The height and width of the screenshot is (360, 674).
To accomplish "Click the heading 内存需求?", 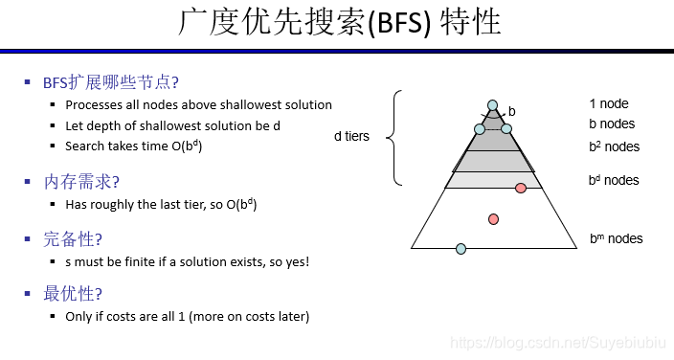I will point(81,181).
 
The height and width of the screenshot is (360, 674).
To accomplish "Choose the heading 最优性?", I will point(73,293).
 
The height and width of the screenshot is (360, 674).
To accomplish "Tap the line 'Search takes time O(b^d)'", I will point(134,146).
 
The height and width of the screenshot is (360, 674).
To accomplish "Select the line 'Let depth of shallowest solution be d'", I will point(172,125).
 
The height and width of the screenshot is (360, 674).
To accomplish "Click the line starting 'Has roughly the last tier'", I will point(161,204).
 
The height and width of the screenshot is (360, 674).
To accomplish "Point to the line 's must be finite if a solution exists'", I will point(188,260).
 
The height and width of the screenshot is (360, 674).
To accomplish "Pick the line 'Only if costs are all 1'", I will point(188,316).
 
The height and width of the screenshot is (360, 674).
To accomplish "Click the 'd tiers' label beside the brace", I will point(351,137).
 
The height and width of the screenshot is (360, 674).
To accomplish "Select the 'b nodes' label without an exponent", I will point(612,124).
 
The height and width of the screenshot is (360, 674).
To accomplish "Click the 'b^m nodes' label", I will point(617,238).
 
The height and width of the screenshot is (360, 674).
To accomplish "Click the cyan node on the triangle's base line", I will point(461,249).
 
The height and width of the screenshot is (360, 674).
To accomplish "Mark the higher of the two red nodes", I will point(521,188).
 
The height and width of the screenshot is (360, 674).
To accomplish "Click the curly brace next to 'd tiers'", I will point(395,137).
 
